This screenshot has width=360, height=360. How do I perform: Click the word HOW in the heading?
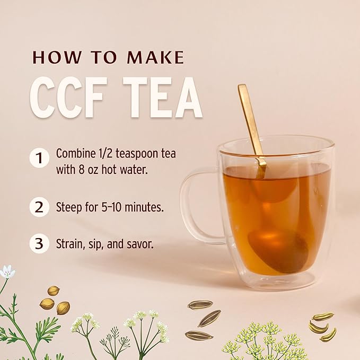(x=57, y=57)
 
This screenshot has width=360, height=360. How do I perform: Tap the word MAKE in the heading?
(x=155, y=57)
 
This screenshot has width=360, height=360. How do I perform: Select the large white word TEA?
(x=163, y=98)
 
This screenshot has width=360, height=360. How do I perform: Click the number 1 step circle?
(x=39, y=158)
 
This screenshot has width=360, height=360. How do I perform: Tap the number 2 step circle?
(x=39, y=207)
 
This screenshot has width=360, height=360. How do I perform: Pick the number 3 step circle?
(x=39, y=243)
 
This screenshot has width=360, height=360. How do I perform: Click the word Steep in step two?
(x=69, y=207)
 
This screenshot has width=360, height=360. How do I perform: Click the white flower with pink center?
(x=7, y=272)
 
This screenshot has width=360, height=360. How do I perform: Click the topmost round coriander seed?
(x=54, y=291)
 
